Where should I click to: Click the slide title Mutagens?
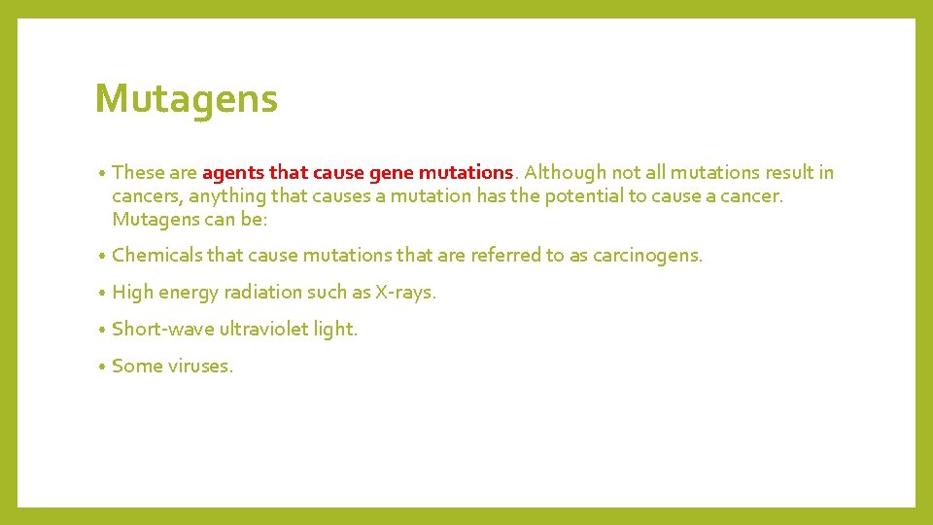[186, 99]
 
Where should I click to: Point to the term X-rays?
[405, 293]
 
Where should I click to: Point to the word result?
[790, 173]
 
